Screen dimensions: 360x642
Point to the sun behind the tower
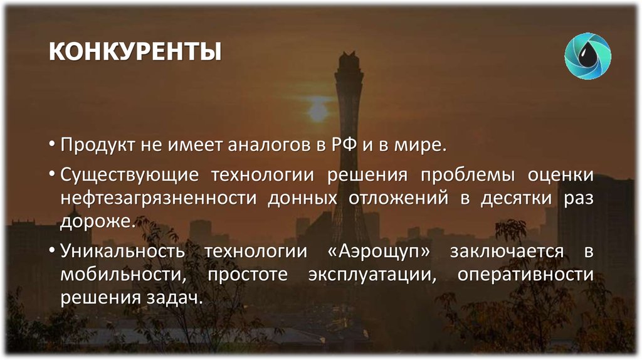318,111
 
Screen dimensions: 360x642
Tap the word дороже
95,222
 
